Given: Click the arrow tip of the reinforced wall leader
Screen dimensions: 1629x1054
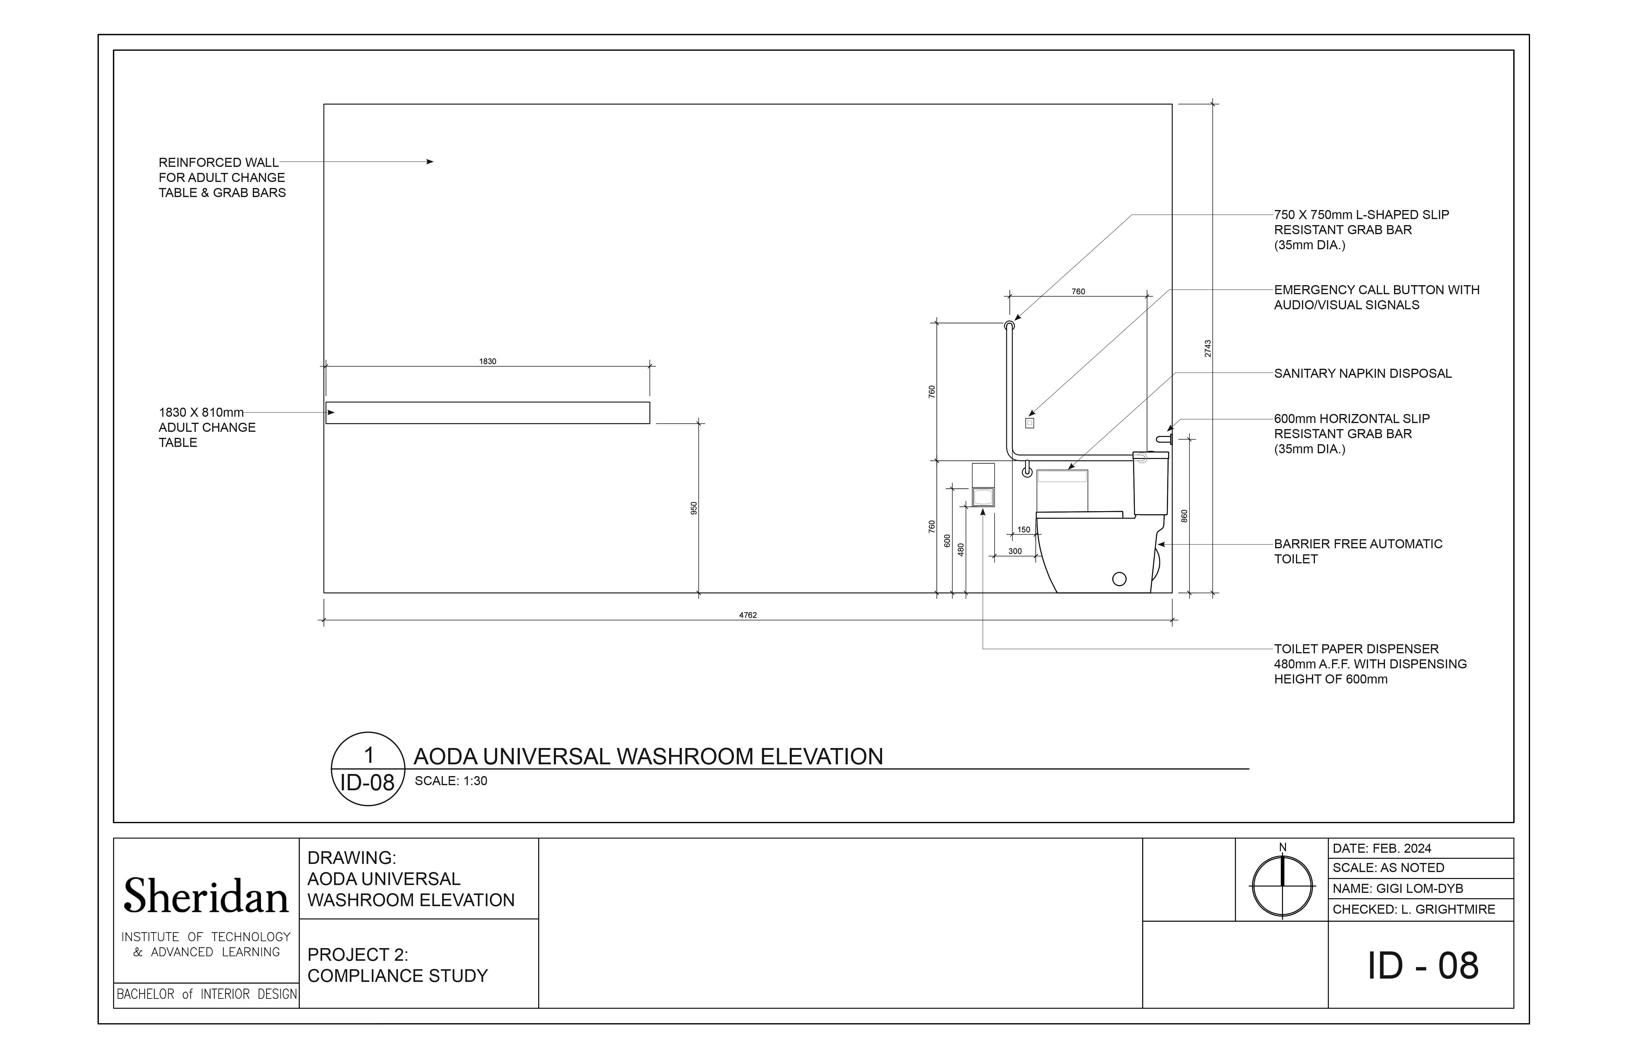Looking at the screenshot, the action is pos(433,161).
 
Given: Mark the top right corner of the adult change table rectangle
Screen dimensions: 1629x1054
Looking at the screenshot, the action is pos(649,403).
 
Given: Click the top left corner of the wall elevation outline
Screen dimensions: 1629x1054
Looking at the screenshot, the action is pos(324,104).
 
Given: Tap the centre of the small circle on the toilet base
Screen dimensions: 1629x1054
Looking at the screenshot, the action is pos(1119,579).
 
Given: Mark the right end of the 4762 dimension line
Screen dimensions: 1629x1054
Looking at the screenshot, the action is pos(1172,621).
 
